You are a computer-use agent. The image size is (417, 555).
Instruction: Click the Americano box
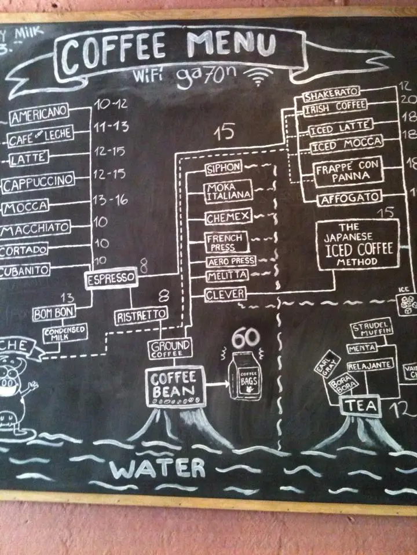click(x=39, y=115)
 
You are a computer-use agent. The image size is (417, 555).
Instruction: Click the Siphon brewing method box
click(x=224, y=169)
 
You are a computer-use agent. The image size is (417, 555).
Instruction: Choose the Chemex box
click(x=227, y=218)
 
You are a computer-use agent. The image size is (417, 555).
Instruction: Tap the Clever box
click(x=225, y=295)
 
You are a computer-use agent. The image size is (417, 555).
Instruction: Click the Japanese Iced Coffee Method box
click(x=358, y=244)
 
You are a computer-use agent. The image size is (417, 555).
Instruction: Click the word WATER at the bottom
click(x=158, y=468)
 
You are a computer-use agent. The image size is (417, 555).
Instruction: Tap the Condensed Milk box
click(x=64, y=334)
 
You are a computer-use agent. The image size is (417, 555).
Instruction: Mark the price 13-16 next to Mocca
click(x=110, y=200)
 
